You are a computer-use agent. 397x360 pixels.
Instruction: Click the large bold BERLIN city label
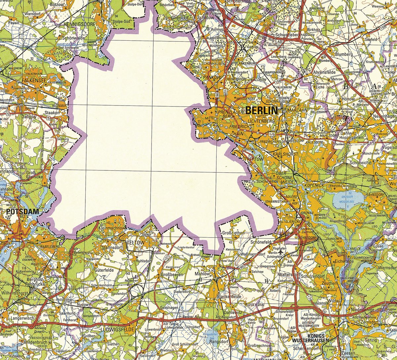tap(262, 111)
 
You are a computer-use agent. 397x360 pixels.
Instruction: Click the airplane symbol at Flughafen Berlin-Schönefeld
tap(281, 252)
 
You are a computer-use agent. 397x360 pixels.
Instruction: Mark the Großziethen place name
tap(233, 233)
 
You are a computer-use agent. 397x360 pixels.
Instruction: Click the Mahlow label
tap(202, 274)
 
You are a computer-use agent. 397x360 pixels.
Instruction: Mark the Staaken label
tap(52, 112)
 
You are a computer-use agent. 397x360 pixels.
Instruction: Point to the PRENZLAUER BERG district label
tap(228, 114)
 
